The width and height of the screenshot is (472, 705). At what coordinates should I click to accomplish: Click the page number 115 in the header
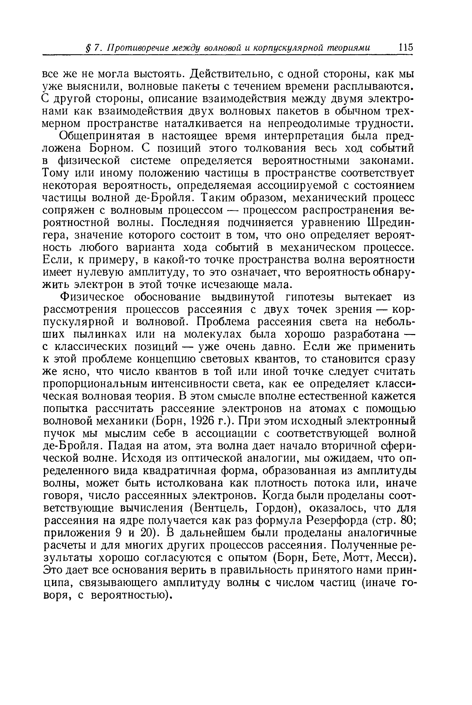click(405, 48)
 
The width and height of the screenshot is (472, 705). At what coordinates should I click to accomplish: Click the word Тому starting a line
click(55, 173)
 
